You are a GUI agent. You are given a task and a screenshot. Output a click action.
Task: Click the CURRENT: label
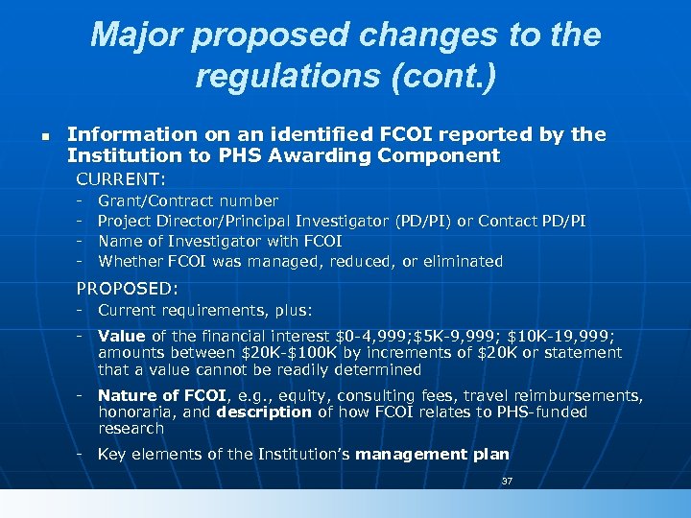121,178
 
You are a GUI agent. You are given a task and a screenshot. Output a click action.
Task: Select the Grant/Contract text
156,201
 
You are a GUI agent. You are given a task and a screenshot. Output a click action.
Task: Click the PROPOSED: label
127,288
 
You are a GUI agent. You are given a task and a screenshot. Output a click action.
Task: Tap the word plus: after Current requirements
292,311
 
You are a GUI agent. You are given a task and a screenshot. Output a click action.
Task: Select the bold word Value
122,337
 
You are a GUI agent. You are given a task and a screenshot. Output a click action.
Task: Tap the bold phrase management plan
432,455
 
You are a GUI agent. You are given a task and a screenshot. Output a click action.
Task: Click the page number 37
507,481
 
